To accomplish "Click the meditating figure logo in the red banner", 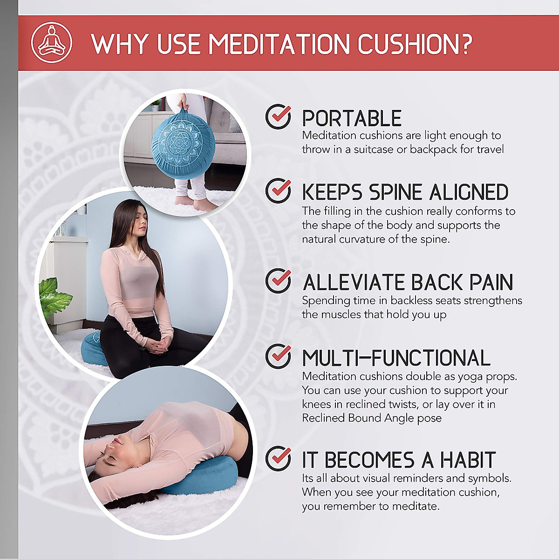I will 51,43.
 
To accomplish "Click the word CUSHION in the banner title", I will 414,44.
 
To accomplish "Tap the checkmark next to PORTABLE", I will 278,116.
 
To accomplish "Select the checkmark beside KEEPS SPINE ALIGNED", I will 278,191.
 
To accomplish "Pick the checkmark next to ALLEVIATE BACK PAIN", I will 278,281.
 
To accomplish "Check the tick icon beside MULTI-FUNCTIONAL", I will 278,356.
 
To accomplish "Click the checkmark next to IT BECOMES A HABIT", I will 278,458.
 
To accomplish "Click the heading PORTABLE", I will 352,118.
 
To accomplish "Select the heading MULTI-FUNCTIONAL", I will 396,358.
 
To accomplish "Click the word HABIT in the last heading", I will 467,460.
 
